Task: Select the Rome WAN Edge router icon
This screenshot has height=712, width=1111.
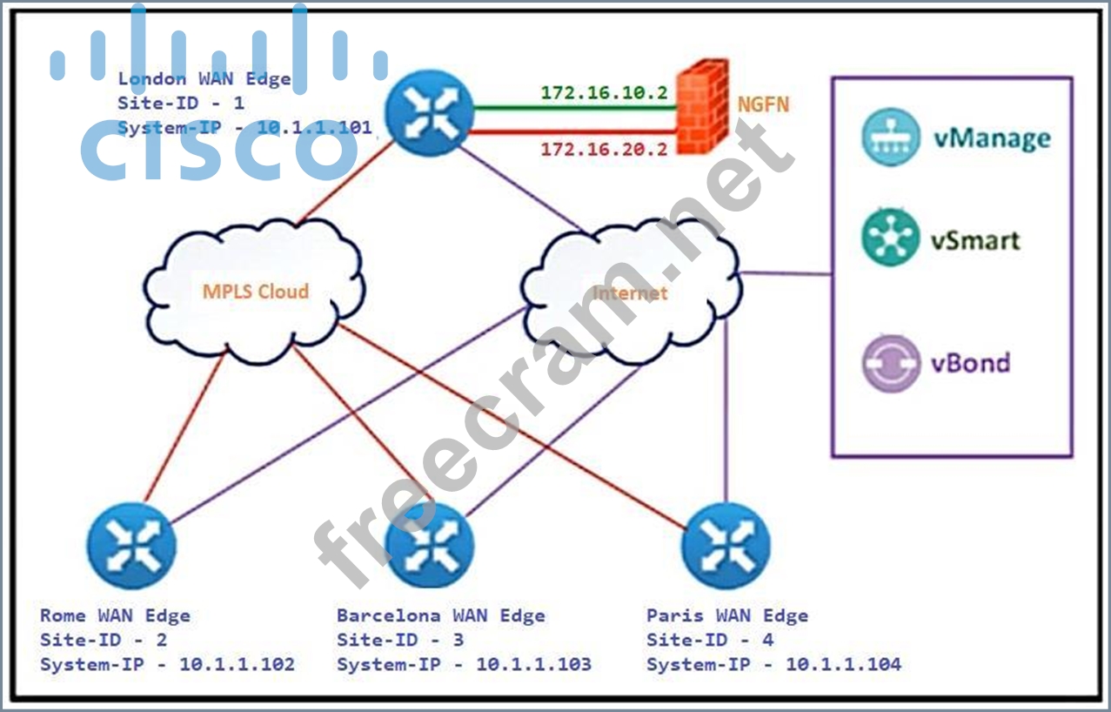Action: pos(131,546)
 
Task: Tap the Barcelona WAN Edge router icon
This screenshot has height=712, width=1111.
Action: pos(429,546)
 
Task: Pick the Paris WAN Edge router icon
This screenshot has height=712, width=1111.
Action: pos(726,546)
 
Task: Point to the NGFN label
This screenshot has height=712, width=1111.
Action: pos(763,105)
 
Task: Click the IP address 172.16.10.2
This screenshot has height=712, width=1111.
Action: pos(604,92)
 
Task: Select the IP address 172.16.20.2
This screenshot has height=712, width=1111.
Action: pos(604,149)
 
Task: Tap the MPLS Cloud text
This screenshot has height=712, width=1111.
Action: pos(256,292)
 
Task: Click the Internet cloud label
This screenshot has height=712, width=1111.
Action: pos(630,292)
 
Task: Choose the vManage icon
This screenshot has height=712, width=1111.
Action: pos(891,138)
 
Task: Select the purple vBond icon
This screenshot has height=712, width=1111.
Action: pos(891,363)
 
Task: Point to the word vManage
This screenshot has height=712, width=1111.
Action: pos(992,138)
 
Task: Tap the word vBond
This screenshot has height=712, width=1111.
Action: pos(972,361)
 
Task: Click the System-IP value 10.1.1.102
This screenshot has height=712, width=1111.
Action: pos(237,664)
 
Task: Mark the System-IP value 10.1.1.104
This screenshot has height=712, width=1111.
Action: pos(843,664)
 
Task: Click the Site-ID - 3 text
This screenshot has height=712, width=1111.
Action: pos(400,640)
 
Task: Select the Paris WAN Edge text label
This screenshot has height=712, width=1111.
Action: pos(727,615)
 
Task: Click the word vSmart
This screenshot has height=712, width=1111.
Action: pos(977,240)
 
